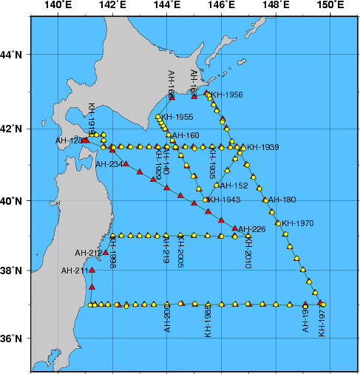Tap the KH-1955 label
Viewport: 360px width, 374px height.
[x=177, y=117]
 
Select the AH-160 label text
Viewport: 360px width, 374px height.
[x=186, y=136]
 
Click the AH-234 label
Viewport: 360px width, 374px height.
[x=109, y=164]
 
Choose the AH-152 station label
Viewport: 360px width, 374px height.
[x=234, y=186]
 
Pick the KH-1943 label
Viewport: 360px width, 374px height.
[x=224, y=200]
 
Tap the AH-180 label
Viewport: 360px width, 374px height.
[x=282, y=200]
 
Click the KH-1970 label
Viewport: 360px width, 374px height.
[x=298, y=222]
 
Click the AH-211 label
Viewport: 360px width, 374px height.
[x=76, y=271]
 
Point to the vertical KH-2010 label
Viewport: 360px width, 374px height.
[x=248, y=253]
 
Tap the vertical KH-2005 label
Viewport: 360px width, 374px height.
[x=181, y=252]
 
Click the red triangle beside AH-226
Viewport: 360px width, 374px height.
[x=235, y=228]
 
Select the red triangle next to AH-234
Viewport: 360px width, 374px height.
[x=126, y=163]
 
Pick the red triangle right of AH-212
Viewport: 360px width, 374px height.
[x=106, y=253]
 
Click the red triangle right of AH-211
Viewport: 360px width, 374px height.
[x=92, y=271]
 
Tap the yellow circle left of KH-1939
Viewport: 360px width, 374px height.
[x=242, y=148]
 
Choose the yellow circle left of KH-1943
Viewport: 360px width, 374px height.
[x=206, y=200]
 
